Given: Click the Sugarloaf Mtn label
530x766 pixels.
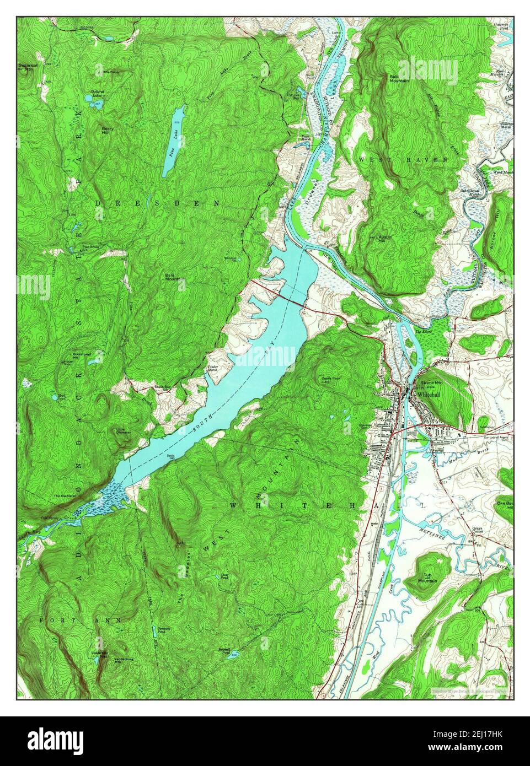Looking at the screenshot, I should point(26,67).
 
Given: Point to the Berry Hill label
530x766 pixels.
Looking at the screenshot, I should point(108,130).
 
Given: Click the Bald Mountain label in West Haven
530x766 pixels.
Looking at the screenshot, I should point(398,78).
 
